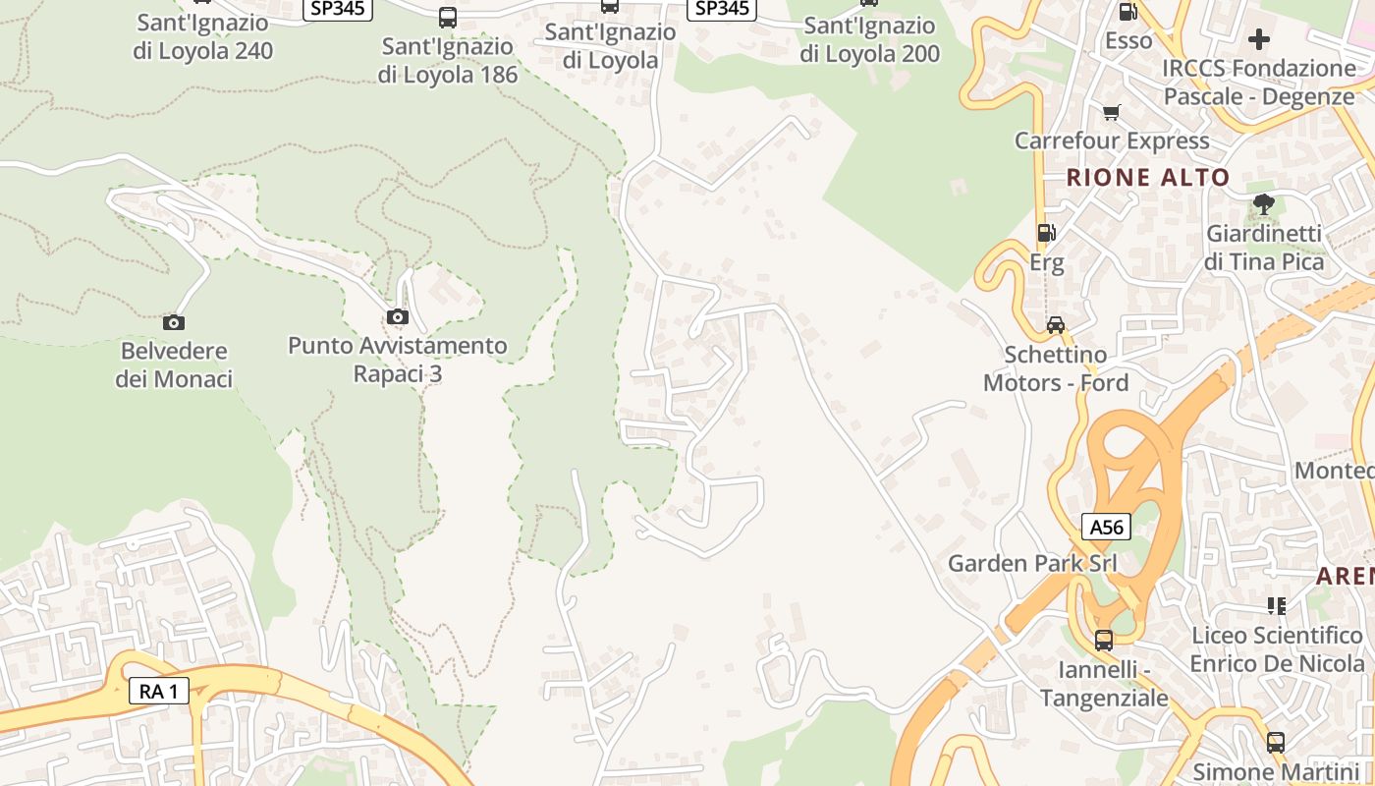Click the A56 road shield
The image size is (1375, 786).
(1106, 527)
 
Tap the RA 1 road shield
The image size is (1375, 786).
(158, 691)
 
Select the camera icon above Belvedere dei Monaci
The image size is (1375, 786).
(174, 322)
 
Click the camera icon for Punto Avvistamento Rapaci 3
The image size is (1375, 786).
(398, 316)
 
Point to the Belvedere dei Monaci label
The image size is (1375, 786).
(174, 365)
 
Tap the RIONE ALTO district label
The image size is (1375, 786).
(1147, 178)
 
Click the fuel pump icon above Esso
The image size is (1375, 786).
(1128, 13)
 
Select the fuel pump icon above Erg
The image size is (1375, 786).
(1047, 233)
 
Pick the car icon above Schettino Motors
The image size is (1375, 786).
(1056, 324)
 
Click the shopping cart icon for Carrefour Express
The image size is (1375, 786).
(1111, 112)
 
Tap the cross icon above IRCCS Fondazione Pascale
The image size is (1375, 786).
(1259, 39)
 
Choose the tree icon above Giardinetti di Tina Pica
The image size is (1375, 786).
(1264, 204)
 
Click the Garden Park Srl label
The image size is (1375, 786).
(1032, 563)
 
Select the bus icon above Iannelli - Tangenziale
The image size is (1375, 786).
(1104, 641)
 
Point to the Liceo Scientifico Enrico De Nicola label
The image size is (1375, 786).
(1277, 649)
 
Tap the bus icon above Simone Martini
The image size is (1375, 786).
(1275, 743)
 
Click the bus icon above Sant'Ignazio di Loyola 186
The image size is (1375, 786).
(448, 17)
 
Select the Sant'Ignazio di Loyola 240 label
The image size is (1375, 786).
(203, 36)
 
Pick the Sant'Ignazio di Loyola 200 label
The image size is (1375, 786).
(869, 39)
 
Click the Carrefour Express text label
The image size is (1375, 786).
(1112, 140)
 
